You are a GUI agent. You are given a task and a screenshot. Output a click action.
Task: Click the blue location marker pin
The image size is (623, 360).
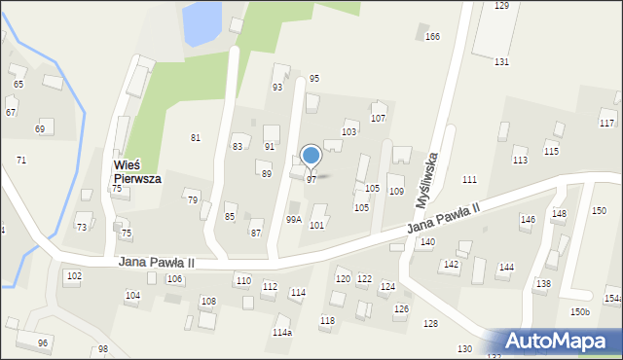click(x=311, y=156)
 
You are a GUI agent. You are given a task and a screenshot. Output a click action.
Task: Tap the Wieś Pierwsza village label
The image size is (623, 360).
click(x=136, y=172)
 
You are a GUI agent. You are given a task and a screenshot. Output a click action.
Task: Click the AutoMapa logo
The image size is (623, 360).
click(x=562, y=341)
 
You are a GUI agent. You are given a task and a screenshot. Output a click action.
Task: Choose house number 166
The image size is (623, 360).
click(x=432, y=37)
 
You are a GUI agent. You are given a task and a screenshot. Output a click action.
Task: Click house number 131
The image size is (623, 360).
click(x=501, y=62)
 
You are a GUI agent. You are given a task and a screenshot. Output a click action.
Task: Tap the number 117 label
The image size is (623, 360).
click(x=606, y=124)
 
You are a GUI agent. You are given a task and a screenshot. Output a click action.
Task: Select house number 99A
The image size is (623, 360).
click(x=293, y=220)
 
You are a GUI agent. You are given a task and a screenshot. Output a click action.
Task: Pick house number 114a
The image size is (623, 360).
click(x=281, y=333)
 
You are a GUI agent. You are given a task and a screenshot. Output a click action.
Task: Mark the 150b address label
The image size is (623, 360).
click(x=580, y=311)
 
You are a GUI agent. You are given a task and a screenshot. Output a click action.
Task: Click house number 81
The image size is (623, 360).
click(x=196, y=138)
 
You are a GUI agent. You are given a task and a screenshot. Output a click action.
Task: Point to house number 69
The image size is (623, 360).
click(x=40, y=129)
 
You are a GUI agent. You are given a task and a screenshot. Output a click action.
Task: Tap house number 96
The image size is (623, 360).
click(x=43, y=343)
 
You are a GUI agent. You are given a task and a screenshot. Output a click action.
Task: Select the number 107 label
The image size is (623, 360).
click(x=379, y=119)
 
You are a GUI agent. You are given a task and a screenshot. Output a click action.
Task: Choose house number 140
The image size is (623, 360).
click(x=427, y=242)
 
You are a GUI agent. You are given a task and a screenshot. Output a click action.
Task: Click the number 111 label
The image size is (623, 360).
click(x=469, y=180)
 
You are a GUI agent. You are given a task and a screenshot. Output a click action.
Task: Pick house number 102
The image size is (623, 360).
click(x=74, y=276)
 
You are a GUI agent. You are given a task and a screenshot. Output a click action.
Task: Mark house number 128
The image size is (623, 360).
click(x=430, y=324)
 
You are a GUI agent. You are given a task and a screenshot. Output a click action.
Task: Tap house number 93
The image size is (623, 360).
click(x=277, y=88)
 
